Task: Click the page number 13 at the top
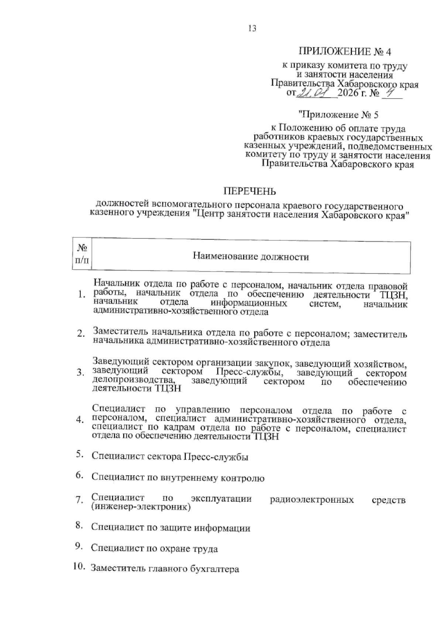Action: click(x=252, y=28)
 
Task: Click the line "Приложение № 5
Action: click(x=339, y=115)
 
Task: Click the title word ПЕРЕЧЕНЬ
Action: click(x=249, y=192)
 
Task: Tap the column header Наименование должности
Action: click(x=251, y=257)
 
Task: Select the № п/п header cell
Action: click(x=82, y=255)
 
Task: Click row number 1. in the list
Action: click(x=82, y=295)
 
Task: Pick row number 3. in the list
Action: click(x=80, y=373)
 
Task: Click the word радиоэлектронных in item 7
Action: click(x=312, y=500)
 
